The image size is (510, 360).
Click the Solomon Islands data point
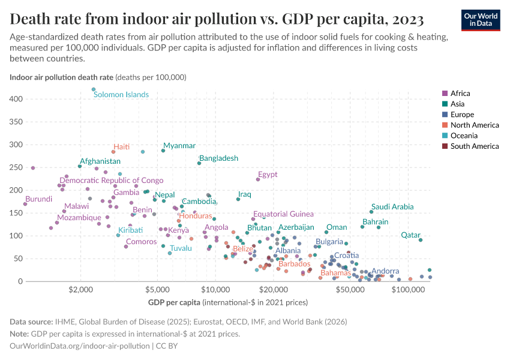(x=94, y=89)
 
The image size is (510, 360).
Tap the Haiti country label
(x=122, y=147)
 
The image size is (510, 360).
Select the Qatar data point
(x=421, y=240)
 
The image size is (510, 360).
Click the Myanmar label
(x=179, y=146)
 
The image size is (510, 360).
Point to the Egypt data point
(x=258, y=179)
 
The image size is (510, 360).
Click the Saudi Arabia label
(x=392, y=207)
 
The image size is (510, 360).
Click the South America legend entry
(x=475, y=146)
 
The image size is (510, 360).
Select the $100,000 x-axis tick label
(x=408, y=289)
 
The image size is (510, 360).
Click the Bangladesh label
(x=218, y=158)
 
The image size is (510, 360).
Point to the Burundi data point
(x=25, y=204)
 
